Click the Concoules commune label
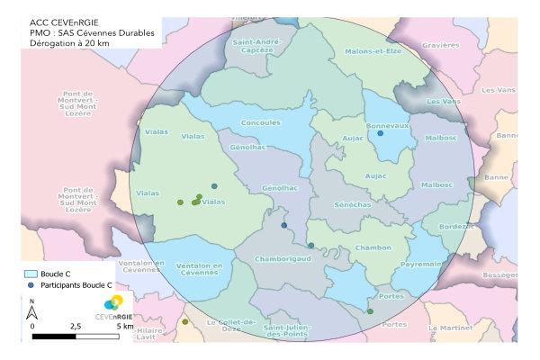click(x=260, y=123)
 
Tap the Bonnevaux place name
click(x=389, y=127)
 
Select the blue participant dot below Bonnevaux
click(x=380, y=133)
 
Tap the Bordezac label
click(x=455, y=226)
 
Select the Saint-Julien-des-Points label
click(x=293, y=333)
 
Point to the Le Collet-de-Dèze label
click(x=232, y=326)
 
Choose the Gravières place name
click(x=440, y=44)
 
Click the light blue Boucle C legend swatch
click(x=31, y=272)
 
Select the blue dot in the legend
click(x=31, y=284)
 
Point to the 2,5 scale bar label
click(x=75, y=326)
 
